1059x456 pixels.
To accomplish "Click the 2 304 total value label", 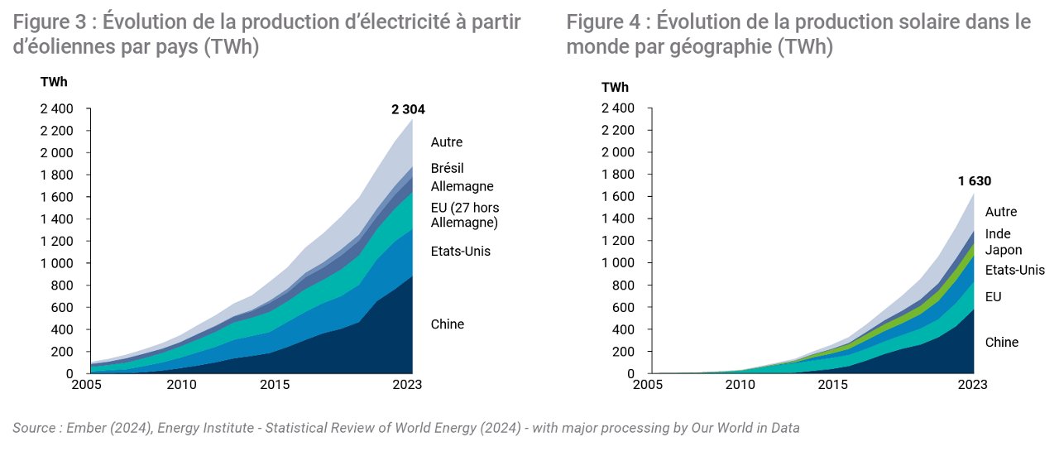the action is tap(408, 109).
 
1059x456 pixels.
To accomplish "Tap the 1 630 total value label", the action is tap(975, 180).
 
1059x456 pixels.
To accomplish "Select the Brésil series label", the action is tap(448, 168).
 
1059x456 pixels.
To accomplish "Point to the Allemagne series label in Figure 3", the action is tap(462, 186).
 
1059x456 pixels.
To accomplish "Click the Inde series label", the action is tap(998, 233).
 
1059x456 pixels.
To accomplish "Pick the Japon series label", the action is tap(1004, 250).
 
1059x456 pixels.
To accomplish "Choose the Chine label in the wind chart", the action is tap(448, 324).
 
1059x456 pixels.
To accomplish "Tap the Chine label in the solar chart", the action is tap(1001, 342).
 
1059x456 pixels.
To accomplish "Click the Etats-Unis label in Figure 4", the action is tap(1014, 270).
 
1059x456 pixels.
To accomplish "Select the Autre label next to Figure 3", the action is tap(447, 142).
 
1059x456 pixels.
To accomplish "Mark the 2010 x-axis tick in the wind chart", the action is tap(181, 385).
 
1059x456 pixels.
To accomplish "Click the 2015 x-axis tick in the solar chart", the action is tap(833, 385).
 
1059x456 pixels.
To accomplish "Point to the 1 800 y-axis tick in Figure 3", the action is tap(57, 175).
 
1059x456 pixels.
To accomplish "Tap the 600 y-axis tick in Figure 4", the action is tap(623, 307).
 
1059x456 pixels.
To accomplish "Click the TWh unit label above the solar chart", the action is tap(615, 88).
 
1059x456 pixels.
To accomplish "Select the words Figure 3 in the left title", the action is tap(49, 22).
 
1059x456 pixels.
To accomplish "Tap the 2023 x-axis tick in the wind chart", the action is tap(407, 385).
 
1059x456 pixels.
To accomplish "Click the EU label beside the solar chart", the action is tap(994, 296).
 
